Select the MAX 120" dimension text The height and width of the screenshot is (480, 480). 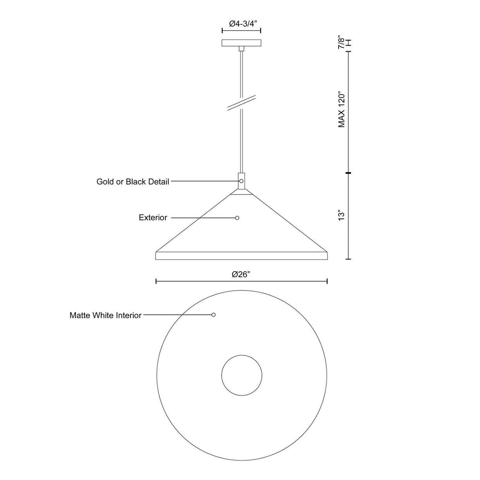(342, 110)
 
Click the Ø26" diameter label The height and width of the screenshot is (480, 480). (241, 274)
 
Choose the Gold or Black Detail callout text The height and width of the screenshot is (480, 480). (133, 182)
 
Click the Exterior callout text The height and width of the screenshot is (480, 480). (153, 218)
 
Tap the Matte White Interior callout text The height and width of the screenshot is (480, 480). (106, 315)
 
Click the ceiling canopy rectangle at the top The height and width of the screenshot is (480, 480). (241, 43)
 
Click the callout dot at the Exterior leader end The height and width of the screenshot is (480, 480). (237, 218)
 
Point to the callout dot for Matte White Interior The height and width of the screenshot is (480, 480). (214, 315)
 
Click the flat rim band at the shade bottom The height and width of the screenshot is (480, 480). (241, 256)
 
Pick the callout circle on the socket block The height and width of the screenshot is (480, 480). (241, 181)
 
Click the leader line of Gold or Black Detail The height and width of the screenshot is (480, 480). (204, 181)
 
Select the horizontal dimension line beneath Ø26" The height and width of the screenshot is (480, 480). (241, 281)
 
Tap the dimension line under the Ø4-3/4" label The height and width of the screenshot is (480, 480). (241, 31)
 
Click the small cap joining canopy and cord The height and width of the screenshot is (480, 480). (241, 49)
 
